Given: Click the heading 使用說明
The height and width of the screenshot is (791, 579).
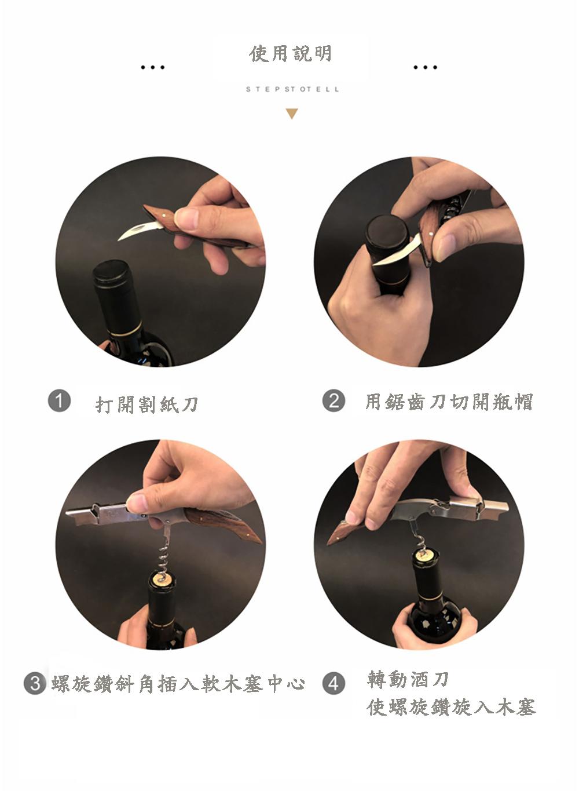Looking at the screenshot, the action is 291,54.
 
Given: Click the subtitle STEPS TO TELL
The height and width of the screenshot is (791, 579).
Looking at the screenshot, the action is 292,89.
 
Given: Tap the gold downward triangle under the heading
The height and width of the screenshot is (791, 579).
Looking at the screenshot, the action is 292,114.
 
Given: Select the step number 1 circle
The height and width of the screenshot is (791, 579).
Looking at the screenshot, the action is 59,400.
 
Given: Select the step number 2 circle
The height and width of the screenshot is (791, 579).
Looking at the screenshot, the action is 334,400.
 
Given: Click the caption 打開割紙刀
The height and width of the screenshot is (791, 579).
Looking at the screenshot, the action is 147,404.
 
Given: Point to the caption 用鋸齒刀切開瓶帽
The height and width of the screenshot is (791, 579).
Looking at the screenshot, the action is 449,402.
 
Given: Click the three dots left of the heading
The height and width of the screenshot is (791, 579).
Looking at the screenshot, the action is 152,67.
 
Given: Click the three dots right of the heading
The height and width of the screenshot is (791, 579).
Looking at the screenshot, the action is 425,67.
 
